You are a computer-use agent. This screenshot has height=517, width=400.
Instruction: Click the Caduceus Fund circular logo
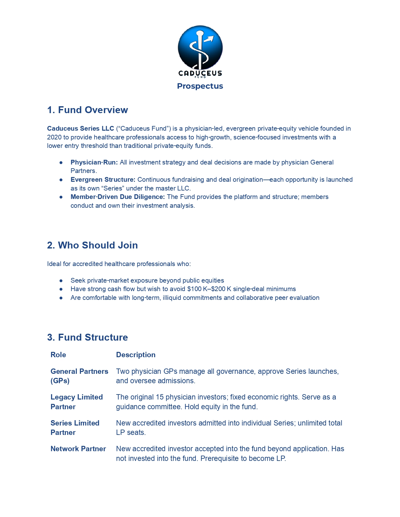pos(200,48)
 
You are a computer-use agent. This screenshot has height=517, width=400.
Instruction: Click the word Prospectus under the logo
pos(200,86)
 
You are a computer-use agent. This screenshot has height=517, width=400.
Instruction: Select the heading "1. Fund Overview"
pos(88,110)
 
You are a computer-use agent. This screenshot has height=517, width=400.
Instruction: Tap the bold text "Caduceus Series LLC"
pos(81,128)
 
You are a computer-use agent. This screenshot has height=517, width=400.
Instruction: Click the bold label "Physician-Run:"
pos(94,162)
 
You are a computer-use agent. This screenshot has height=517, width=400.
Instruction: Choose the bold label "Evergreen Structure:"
pos(103,180)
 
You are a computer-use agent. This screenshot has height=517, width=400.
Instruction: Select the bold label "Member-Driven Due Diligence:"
pos(118,197)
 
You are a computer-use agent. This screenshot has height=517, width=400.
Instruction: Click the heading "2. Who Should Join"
pos(93,245)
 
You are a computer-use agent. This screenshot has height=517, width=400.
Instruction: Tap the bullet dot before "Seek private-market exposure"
pos(61,280)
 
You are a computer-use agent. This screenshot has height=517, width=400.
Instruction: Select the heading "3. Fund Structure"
pos(88,337)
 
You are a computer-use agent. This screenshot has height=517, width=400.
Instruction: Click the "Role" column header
pos(58,355)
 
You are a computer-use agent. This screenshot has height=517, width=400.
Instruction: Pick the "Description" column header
pos(136,355)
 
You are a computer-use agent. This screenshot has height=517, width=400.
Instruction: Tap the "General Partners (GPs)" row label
pos(79,376)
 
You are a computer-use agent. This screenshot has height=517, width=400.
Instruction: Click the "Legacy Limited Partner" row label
pos(77,402)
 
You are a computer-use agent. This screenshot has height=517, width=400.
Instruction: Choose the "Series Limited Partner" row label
pos(75,428)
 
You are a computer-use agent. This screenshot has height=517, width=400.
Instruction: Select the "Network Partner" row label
pos(78,449)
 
